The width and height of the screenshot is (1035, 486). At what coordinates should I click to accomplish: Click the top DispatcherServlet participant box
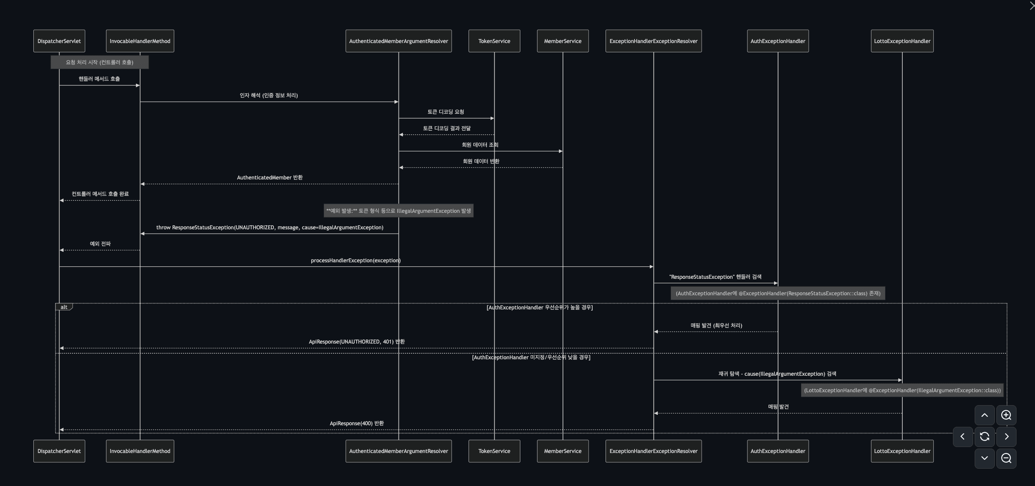click(x=59, y=41)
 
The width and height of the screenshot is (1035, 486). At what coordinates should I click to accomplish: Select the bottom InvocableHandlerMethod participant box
click(x=140, y=451)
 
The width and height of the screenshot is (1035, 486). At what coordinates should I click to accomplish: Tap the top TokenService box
click(x=494, y=41)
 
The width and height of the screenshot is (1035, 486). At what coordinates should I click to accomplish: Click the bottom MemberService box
click(x=563, y=451)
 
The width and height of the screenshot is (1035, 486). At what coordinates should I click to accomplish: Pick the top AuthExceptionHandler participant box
click(x=778, y=41)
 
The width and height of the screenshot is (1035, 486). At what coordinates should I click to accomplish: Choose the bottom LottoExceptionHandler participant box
click(x=902, y=451)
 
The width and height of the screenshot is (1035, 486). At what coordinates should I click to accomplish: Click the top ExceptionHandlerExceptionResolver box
click(x=653, y=41)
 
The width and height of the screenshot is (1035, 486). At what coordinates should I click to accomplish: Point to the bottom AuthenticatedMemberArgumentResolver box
click(x=398, y=451)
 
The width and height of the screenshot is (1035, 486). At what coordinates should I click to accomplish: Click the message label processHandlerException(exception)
click(x=355, y=260)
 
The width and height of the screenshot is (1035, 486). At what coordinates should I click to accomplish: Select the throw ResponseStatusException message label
click(x=269, y=227)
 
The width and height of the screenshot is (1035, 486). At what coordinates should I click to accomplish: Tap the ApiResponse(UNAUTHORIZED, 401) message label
click(x=357, y=342)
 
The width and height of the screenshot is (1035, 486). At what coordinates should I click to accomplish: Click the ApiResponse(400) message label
click(x=357, y=423)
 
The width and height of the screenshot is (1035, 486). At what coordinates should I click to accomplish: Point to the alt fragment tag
click(x=64, y=307)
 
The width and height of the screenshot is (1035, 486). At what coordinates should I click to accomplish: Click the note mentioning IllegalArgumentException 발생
click(x=398, y=211)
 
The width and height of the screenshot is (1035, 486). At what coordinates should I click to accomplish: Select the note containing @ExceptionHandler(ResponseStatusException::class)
click(x=778, y=293)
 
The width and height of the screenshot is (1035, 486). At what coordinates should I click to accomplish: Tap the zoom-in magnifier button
click(x=1006, y=415)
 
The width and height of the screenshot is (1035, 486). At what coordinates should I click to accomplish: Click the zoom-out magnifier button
click(x=1006, y=458)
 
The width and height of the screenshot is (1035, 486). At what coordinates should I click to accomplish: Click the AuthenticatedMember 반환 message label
click(x=269, y=177)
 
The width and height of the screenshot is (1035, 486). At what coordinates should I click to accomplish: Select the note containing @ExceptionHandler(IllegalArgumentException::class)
click(x=902, y=390)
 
